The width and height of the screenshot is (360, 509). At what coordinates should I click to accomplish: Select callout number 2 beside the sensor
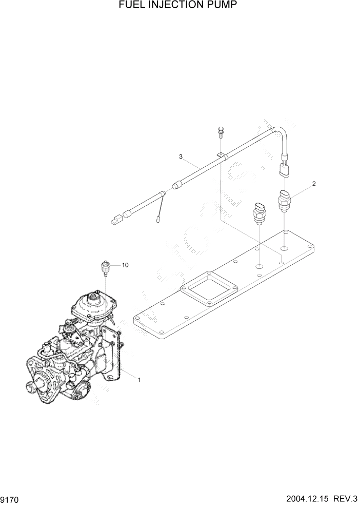click(x=313, y=183)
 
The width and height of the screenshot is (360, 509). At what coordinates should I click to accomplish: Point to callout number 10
click(x=125, y=265)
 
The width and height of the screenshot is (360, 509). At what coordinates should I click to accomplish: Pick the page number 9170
click(x=12, y=499)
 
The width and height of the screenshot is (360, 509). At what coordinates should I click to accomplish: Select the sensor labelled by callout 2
click(x=285, y=201)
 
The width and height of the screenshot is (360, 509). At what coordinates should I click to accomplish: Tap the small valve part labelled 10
click(x=105, y=267)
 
